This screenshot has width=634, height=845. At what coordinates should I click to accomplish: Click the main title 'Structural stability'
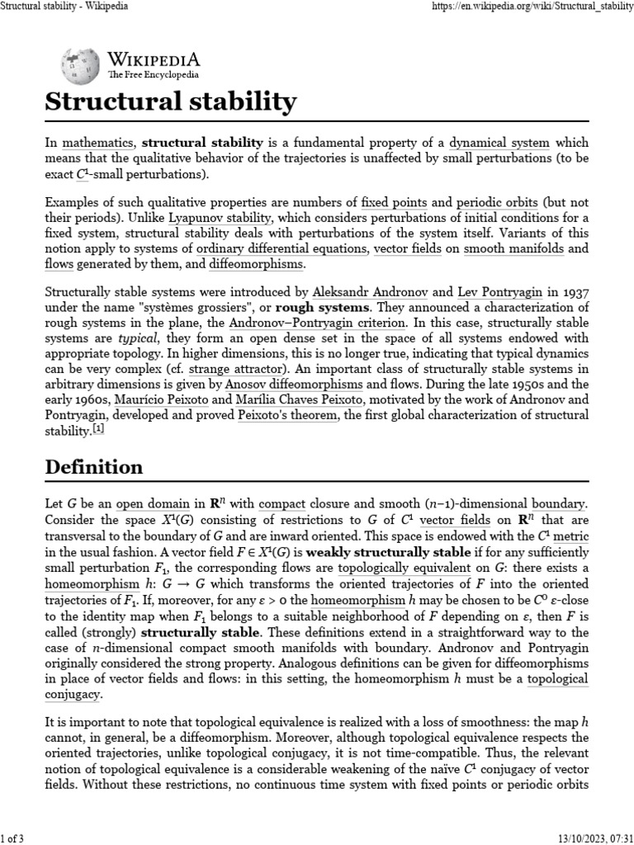(x=170, y=102)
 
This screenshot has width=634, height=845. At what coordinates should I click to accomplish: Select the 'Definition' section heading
(x=93, y=467)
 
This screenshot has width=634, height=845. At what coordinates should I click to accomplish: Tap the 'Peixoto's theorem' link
(x=287, y=414)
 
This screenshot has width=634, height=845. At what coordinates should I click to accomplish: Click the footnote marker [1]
(x=98, y=429)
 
